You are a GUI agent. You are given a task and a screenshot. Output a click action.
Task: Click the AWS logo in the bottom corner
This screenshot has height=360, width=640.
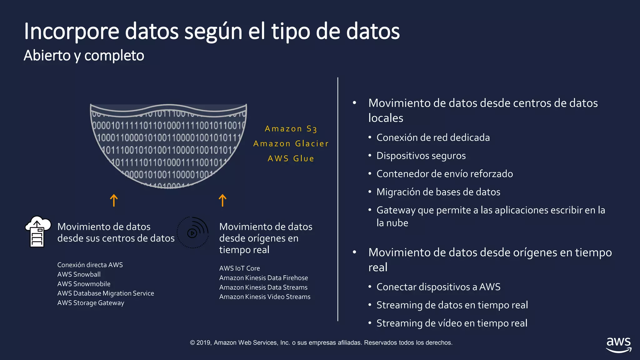[x=618, y=345]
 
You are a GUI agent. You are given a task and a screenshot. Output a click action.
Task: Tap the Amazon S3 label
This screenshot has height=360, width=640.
[x=291, y=129]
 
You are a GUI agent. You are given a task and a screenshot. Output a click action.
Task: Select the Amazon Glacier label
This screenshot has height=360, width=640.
[x=291, y=144]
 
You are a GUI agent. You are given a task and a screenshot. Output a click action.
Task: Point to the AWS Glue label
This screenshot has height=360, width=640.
[x=291, y=159]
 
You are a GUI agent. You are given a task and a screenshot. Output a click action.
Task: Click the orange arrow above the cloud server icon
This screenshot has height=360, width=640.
[x=114, y=200]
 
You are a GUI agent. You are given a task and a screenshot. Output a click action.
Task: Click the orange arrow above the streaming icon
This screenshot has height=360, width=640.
[x=222, y=200]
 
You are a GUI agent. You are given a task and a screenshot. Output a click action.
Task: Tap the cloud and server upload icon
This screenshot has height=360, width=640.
[x=38, y=231]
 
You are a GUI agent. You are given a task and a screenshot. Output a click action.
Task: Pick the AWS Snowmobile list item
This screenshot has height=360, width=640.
[x=84, y=284]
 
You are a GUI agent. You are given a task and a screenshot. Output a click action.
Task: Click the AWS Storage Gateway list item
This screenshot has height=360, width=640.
[x=91, y=303]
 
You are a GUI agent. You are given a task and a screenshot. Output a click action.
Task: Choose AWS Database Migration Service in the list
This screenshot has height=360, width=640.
[x=106, y=293]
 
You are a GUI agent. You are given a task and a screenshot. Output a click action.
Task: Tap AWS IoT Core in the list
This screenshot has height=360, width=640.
[x=239, y=268]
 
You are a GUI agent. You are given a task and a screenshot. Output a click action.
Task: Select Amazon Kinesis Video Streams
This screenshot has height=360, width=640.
[x=265, y=297]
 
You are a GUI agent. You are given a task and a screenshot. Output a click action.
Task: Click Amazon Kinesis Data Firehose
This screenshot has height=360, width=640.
[x=263, y=278]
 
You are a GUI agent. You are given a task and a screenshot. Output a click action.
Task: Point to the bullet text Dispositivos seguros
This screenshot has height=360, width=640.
[x=421, y=156]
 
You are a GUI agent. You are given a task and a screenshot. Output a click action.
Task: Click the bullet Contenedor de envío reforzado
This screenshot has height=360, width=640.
[x=444, y=174]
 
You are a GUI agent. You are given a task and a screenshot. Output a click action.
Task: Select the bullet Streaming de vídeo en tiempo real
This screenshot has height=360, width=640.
[x=452, y=323]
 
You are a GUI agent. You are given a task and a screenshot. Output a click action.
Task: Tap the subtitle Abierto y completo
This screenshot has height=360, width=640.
[x=84, y=56]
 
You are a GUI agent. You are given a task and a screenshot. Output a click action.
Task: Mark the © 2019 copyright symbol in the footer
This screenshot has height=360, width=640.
[x=192, y=343]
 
